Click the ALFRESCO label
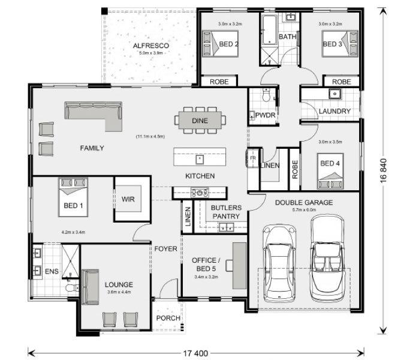tap(151, 46)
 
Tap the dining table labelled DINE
tap(200, 121)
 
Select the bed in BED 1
tap(73, 197)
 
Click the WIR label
tap(128, 199)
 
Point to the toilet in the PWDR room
tap(266, 95)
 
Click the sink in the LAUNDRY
tap(334, 94)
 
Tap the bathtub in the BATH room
tap(269, 30)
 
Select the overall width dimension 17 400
tap(195, 353)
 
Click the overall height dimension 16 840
tap(384, 171)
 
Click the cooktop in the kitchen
tap(200, 193)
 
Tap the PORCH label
tap(168, 318)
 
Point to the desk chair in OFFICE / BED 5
tap(229, 266)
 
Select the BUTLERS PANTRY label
tap(226, 212)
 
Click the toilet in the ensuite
tap(72, 288)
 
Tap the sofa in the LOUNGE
tap(90, 287)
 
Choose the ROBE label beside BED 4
tap(295, 169)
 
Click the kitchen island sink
tap(200, 160)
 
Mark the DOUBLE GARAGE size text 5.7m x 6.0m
tap(304, 209)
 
